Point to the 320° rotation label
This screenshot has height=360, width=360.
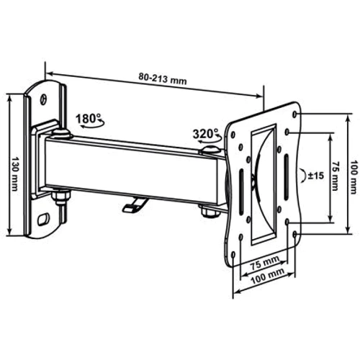tap(206, 134)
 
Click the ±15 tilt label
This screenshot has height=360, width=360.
tap(315, 175)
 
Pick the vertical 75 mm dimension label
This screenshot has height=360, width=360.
tap(335, 175)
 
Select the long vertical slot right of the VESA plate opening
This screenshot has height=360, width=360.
tap(286, 176)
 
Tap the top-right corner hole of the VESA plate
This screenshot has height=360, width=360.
tap(297, 113)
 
